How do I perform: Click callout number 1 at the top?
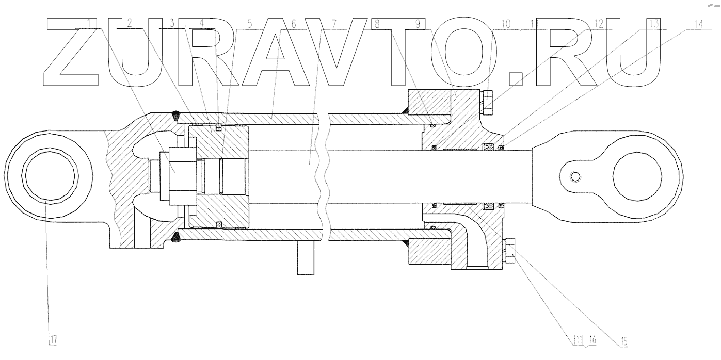[91, 23]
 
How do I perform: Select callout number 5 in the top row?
[250, 24]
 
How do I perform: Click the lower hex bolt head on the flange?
[509, 248]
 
